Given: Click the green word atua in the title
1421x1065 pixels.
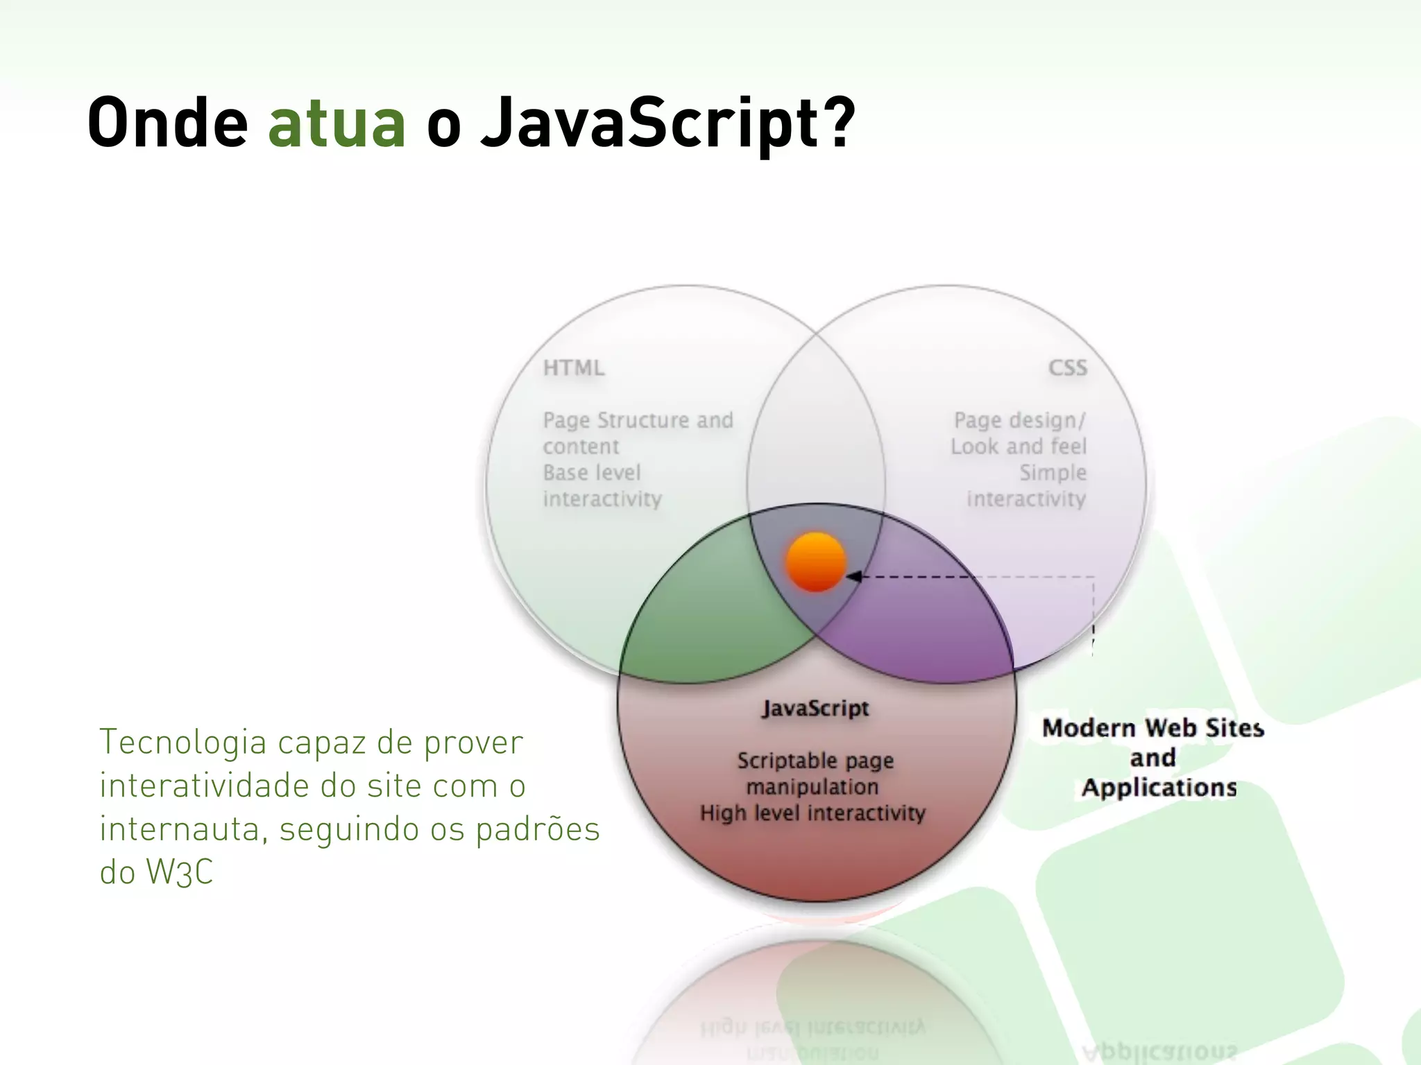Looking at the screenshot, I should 337,123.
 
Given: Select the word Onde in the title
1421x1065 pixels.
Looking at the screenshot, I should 167,123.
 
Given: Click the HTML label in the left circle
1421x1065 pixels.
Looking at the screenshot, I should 573,367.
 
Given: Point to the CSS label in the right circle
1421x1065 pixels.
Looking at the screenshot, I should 1067,367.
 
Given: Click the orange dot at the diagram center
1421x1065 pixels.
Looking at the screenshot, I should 816,562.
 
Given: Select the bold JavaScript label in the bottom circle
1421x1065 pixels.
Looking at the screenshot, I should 815,708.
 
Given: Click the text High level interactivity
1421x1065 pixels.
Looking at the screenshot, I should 812,813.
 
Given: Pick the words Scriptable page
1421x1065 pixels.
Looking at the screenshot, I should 815,761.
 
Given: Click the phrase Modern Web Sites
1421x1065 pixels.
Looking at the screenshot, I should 1152,728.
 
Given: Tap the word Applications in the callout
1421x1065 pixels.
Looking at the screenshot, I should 1159,788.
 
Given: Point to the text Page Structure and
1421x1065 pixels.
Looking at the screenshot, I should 638,420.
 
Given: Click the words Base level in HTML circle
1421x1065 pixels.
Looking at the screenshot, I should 592,473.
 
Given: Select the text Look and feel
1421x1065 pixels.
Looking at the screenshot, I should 1018,447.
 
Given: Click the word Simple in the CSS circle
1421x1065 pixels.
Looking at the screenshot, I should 1053,473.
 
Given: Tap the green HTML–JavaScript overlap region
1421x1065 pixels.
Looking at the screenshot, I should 701,617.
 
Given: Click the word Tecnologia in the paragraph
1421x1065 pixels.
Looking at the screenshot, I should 183,743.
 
